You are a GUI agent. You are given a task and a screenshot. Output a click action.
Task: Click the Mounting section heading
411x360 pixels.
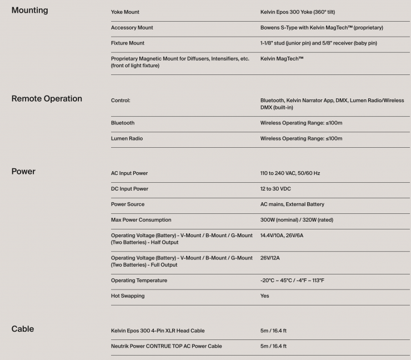point(29,10)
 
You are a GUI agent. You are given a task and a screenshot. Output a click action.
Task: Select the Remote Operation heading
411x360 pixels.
point(47,98)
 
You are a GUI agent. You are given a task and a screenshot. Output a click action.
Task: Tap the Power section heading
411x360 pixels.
point(23,171)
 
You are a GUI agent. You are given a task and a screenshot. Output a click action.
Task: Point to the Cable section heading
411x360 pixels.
point(23,329)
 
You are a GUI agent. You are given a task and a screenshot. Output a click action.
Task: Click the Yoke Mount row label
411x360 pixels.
point(125,12)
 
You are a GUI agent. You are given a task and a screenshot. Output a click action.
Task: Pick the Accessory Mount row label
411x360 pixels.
point(132,27)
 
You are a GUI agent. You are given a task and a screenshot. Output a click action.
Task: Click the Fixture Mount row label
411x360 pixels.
point(128,43)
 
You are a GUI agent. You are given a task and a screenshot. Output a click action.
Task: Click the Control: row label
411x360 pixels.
point(121,101)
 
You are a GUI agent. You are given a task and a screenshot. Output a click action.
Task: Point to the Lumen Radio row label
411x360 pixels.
point(127,138)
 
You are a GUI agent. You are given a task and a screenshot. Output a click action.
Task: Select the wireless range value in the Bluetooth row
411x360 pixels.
point(301,123)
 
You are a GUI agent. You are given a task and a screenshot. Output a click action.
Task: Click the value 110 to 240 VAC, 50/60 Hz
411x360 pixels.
point(290,173)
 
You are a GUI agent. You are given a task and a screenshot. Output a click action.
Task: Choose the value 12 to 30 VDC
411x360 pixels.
point(275,189)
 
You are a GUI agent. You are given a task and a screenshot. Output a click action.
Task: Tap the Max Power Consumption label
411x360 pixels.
point(141,220)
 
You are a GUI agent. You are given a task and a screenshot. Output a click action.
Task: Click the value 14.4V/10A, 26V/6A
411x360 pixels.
point(282,236)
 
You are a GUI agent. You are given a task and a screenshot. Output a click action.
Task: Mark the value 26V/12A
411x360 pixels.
point(270,258)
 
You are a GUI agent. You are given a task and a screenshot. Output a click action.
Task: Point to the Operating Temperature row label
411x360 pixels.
point(139,281)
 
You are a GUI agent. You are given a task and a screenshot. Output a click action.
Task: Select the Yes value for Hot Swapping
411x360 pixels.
point(264,296)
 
